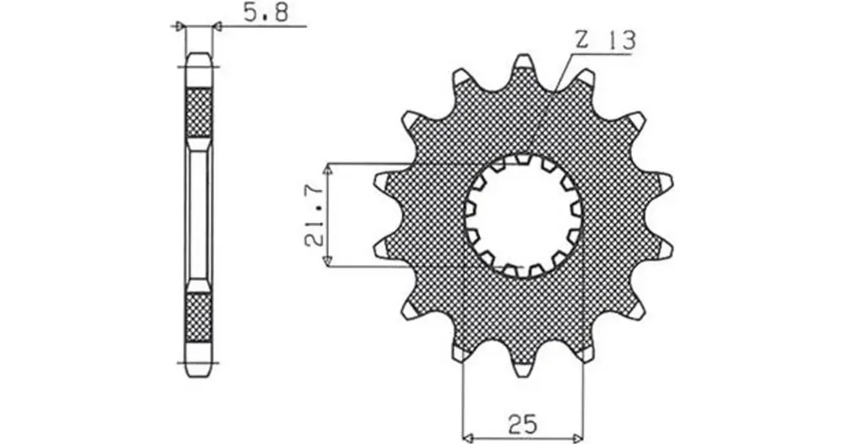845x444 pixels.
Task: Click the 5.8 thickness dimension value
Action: tap(266, 13)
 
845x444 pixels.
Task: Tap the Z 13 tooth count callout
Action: tap(605, 41)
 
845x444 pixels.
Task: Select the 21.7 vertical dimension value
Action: tap(315, 216)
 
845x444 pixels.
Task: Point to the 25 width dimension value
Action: tap(523, 424)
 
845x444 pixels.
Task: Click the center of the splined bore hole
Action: tap(523, 216)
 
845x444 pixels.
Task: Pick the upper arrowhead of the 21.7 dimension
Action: tap(327, 171)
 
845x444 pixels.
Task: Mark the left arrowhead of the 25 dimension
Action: tap(469, 436)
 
